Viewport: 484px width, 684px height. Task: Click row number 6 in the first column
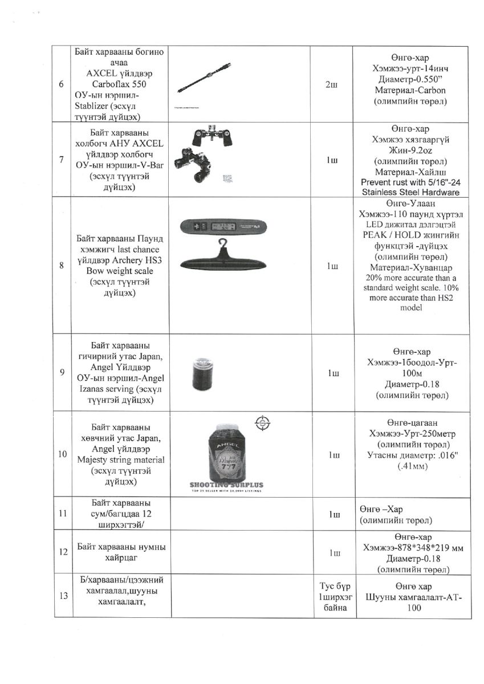click(x=61, y=84)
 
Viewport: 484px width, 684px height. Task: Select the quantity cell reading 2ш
click(x=331, y=84)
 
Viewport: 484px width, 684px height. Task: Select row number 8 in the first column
click(x=61, y=265)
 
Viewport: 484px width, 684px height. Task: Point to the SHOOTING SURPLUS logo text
click(x=226, y=485)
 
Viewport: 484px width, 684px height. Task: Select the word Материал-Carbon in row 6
click(x=410, y=90)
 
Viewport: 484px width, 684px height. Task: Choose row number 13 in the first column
click(x=61, y=596)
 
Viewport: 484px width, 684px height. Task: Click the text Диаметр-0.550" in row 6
click(x=410, y=80)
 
